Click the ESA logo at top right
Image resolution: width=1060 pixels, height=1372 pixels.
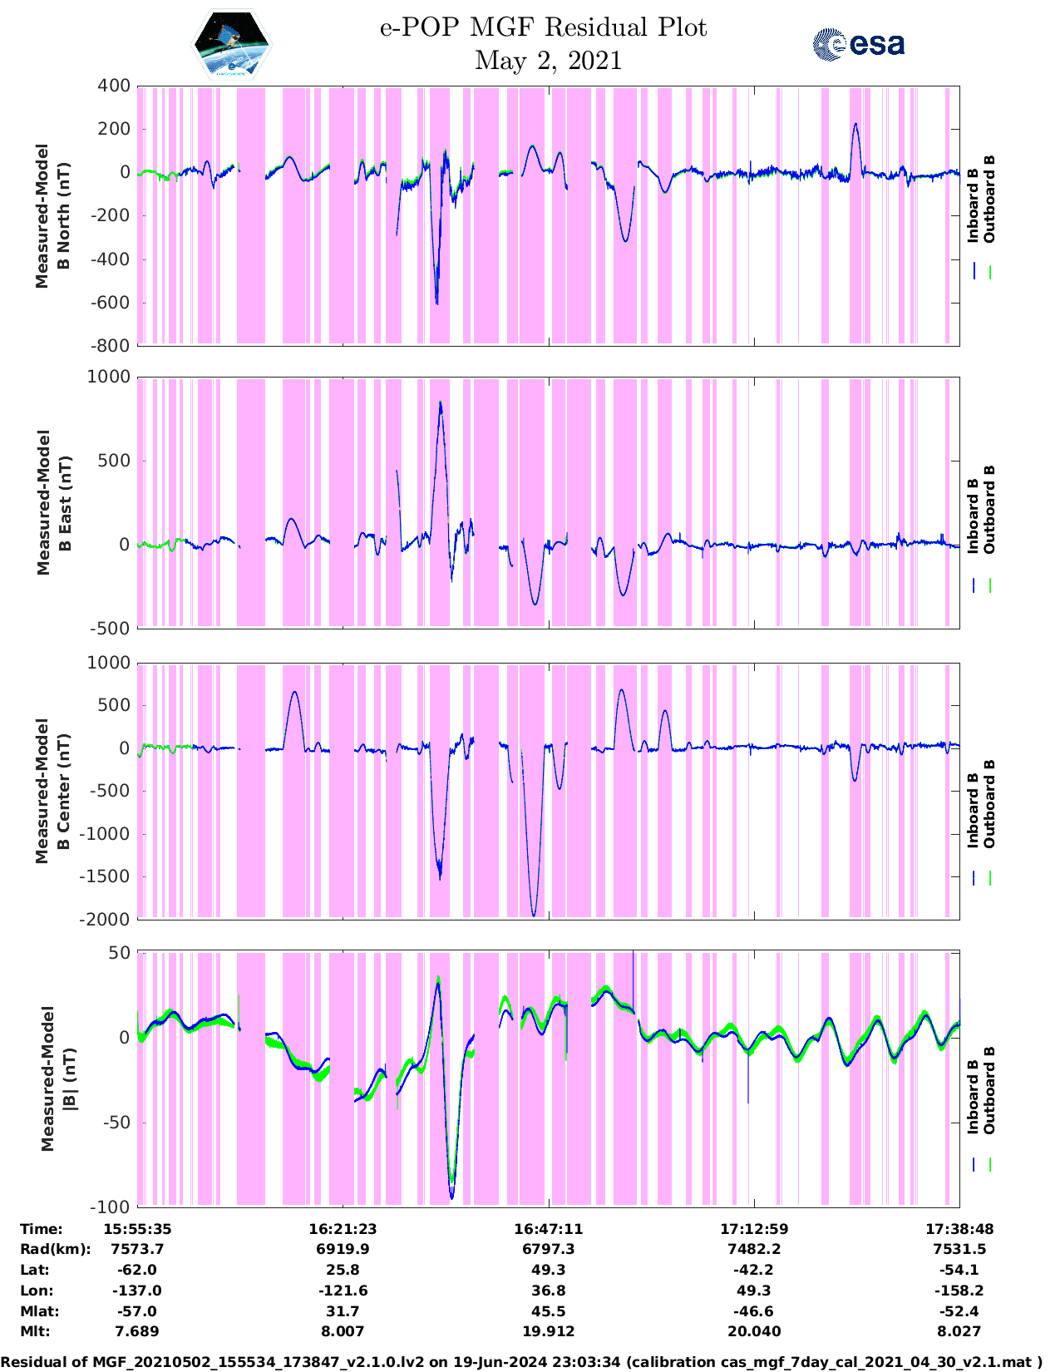click(858, 44)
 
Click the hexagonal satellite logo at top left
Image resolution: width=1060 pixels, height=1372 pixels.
click(231, 46)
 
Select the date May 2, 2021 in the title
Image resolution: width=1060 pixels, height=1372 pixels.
click(548, 61)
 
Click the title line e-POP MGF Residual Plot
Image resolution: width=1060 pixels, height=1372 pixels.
click(543, 27)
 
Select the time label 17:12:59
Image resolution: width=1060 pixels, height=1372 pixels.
click(754, 1229)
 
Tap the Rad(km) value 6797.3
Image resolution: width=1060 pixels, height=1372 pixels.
click(548, 1249)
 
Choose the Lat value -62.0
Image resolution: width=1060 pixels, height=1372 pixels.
click(137, 1270)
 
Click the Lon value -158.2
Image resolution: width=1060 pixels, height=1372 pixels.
click(959, 1291)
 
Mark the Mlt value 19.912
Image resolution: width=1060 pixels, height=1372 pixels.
click(548, 1331)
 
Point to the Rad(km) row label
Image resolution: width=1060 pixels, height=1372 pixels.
click(55, 1249)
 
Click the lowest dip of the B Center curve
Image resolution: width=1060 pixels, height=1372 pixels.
click(534, 915)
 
